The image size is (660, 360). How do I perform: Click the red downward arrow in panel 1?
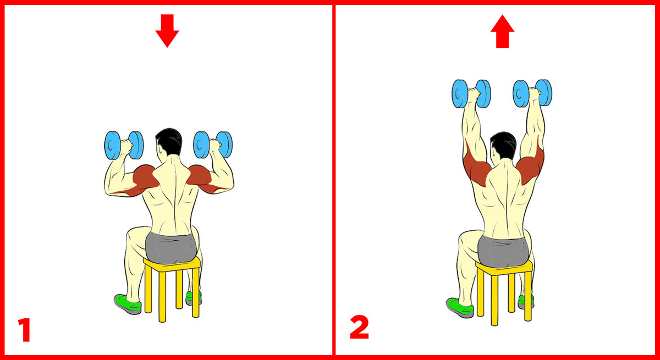pyautogui.click(x=167, y=31)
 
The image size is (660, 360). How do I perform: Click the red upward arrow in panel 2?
pyautogui.click(x=502, y=31)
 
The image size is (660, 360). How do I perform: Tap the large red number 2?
pyautogui.click(x=359, y=328)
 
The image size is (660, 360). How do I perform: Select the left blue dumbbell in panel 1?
pyautogui.click(x=124, y=145)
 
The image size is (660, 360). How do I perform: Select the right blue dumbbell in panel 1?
pyautogui.click(x=213, y=145)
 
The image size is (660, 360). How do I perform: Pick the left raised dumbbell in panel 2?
pyautogui.click(x=471, y=93)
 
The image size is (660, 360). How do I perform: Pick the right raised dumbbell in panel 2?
pyautogui.click(x=532, y=93)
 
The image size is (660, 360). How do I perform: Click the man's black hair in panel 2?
pyautogui.click(x=503, y=145)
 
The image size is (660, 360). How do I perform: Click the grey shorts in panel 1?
pyautogui.click(x=171, y=248)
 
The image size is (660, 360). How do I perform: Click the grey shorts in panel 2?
pyautogui.click(x=503, y=251)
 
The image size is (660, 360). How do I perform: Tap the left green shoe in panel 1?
pyautogui.click(x=128, y=304)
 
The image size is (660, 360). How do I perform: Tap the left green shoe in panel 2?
pyautogui.click(x=460, y=308)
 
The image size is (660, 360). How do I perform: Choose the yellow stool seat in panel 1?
pyautogui.click(x=172, y=264)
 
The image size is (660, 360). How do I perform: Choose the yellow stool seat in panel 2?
pyautogui.click(x=504, y=268)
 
